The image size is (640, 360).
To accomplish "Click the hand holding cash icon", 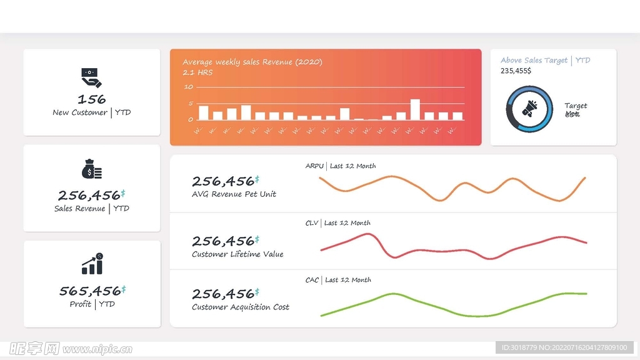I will pos(91,77).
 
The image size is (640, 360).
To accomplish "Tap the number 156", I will pos(92,99).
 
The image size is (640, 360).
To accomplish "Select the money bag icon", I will pos(91,169).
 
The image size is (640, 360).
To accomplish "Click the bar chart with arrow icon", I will pos(92,264).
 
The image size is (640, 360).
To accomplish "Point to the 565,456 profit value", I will pos(90,291).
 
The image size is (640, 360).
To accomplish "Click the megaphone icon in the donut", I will pos(529,109).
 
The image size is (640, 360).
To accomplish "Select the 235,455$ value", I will pos(516,71).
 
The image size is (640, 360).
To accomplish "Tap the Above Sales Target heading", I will pos(534,60).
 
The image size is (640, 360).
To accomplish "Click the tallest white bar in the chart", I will pos(415,109).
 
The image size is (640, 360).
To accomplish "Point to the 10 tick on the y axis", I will pos(189,87).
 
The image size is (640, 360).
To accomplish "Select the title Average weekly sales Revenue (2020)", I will pos(252,62).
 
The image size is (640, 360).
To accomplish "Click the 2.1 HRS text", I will pos(197,72).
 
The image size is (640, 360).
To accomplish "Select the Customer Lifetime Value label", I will pos(237,254).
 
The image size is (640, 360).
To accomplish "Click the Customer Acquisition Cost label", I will pos(241,307).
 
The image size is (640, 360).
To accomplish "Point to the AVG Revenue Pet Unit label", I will pos(234,194).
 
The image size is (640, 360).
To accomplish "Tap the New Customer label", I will pos(79,112).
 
